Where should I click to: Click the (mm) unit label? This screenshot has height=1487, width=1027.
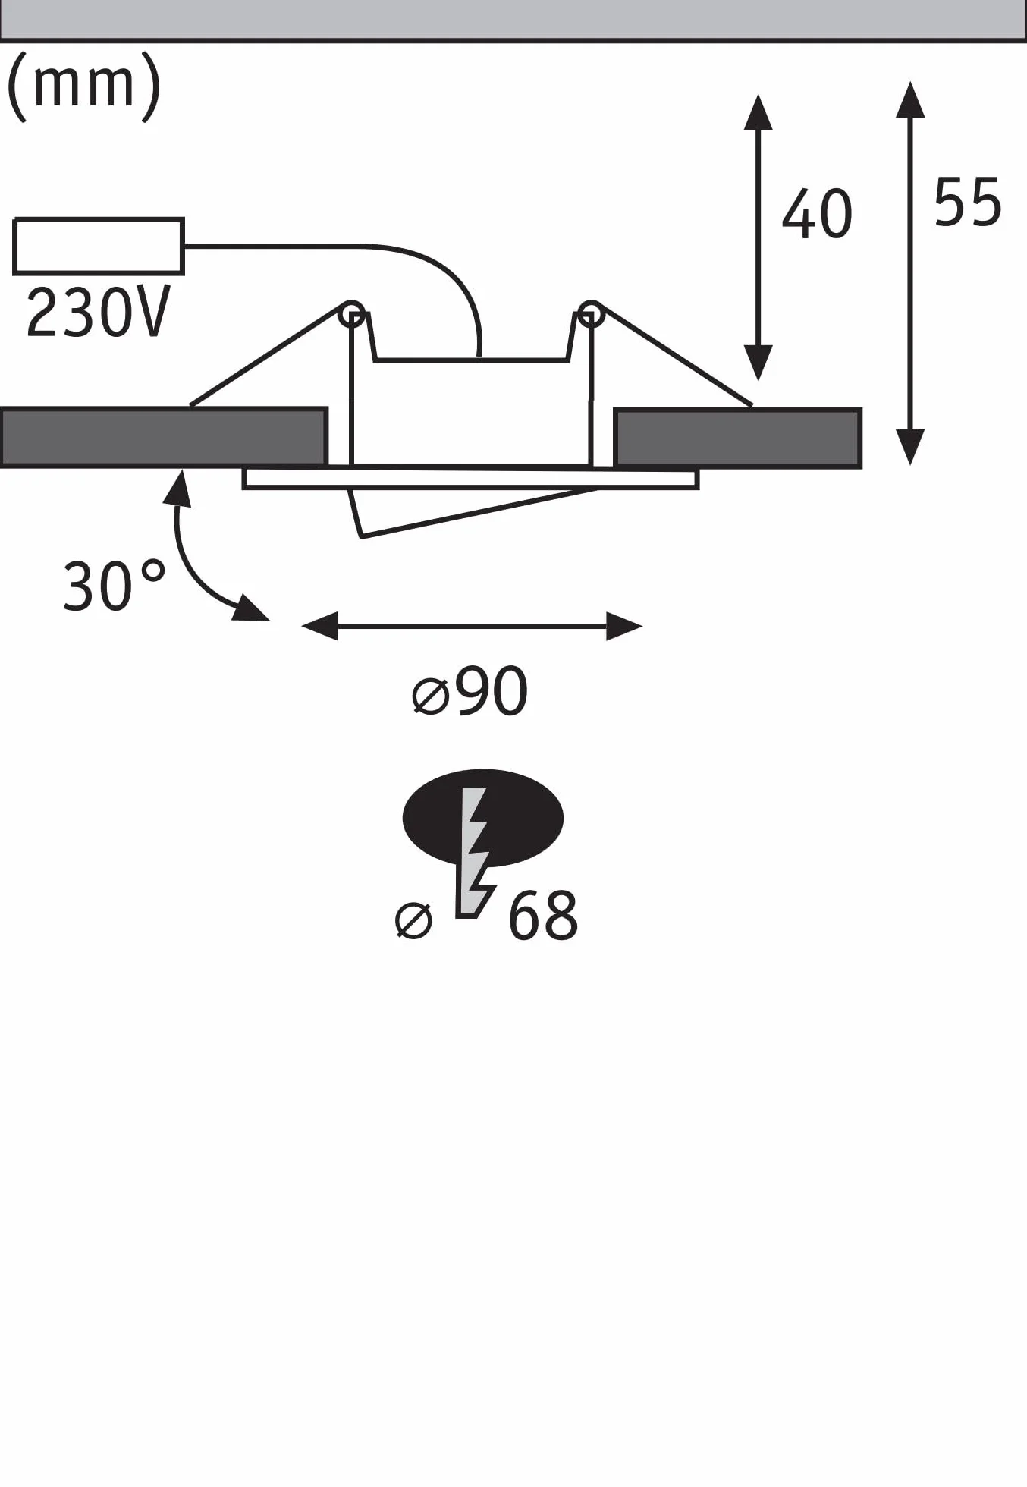(83, 86)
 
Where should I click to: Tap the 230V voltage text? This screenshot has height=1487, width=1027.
(98, 313)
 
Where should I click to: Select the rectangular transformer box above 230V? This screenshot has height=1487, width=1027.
(99, 246)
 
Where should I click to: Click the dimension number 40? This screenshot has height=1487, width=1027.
(817, 215)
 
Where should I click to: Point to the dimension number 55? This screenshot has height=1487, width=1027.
(968, 203)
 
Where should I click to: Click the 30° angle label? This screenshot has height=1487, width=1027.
(114, 586)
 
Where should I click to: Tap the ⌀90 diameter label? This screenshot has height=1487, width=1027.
(470, 690)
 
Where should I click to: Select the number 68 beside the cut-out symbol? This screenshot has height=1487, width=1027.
(543, 916)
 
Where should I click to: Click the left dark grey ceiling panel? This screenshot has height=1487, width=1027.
(164, 437)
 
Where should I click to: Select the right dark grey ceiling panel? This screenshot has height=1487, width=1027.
(738, 438)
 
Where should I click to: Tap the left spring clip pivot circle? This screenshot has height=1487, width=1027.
(352, 313)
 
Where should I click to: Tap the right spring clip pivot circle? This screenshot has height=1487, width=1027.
(590, 313)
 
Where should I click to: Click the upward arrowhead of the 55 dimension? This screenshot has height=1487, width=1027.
(910, 99)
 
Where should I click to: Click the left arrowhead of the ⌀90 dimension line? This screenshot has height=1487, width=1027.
(319, 627)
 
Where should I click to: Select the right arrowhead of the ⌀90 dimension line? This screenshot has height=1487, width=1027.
(624, 627)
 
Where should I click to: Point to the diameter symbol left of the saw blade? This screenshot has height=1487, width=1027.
(414, 920)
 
